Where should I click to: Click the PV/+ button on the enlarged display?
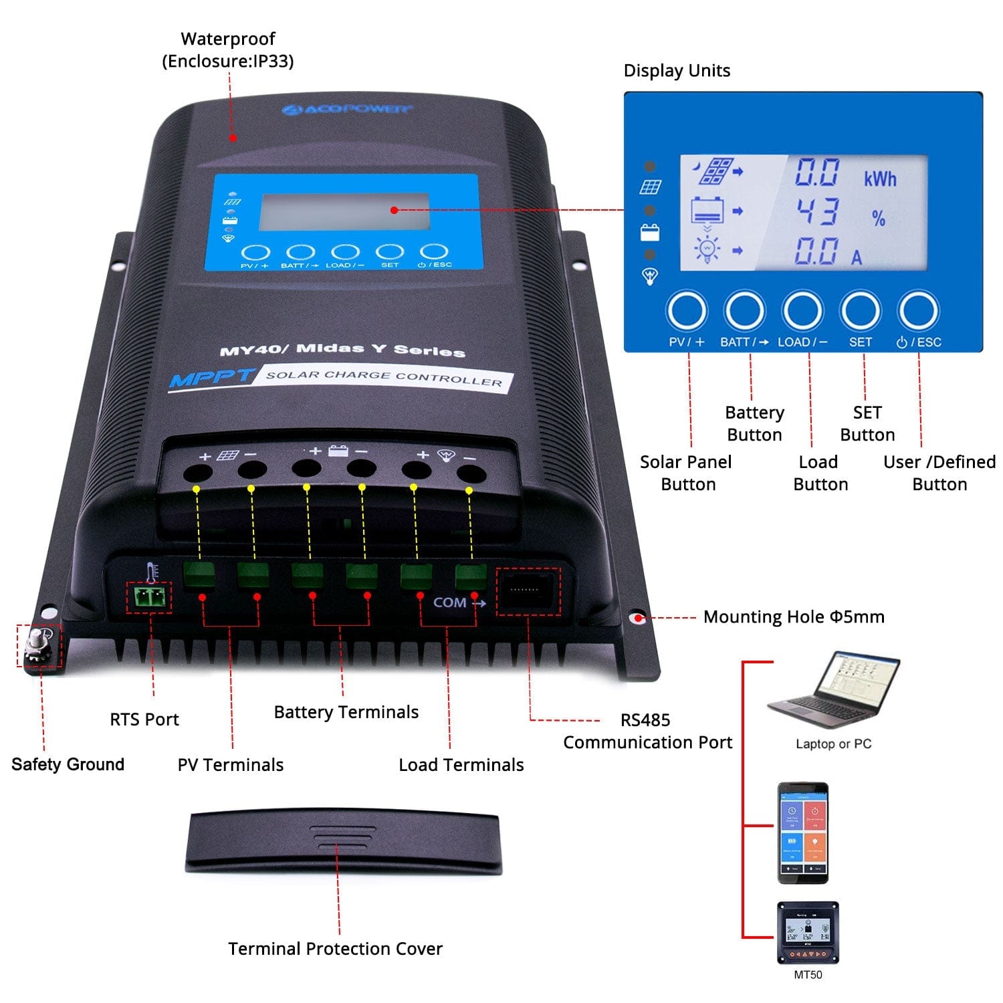pyautogui.click(x=687, y=311)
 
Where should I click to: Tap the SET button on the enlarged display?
pyautogui.click(x=860, y=311)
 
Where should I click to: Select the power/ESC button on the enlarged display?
pyautogui.click(x=918, y=311)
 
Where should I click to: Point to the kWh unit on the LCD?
pyautogui.click(x=879, y=179)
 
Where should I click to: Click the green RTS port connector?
pyautogui.click(x=148, y=597)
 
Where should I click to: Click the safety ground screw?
pyautogui.click(x=37, y=646)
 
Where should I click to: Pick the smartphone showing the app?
pyautogui.click(x=803, y=832)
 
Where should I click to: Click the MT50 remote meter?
pyautogui.click(x=807, y=932)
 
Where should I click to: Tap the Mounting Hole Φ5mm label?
pyautogui.click(x=793, y=617)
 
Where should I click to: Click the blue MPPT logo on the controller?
pyautogui.click(x=211, y=378)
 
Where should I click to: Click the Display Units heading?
pyautogui.click(x=677, y=71)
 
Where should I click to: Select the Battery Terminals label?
pyautogui.click(x=346, y=712)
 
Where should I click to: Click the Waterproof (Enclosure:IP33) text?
pyautogui.click(x=227, y=50)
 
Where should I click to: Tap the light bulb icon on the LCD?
pyautogui.click(x=707, y=249)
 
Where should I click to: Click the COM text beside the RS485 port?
pyautogui.click(x=449, y=602)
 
